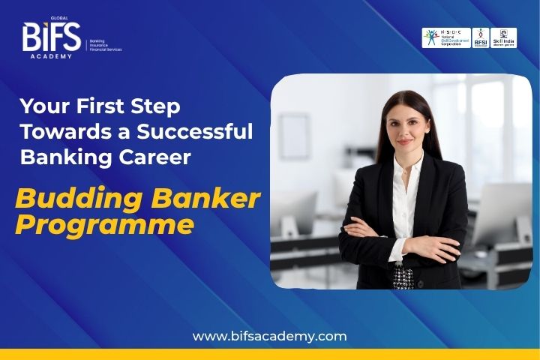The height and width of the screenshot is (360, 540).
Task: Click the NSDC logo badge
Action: pos(446,38)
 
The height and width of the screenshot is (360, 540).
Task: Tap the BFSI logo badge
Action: pos(481,38)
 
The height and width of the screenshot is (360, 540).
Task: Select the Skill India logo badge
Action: pos(503,38)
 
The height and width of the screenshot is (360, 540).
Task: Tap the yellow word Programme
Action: pos(105,225)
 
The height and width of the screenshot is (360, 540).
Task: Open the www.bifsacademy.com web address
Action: pos(270,336)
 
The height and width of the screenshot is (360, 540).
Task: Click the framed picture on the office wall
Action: pos(295,136)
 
